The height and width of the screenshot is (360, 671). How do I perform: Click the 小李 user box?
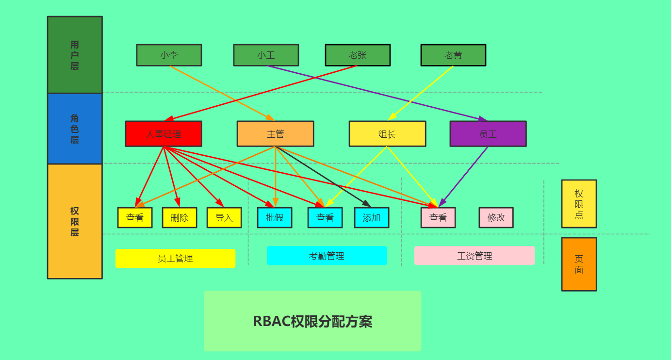pyautogui.click(x=169, y=55)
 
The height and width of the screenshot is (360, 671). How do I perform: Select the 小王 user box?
pyautogui.click(x=266, y=55)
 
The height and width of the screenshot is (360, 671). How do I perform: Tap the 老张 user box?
pyautogui.click(x=358, y=55)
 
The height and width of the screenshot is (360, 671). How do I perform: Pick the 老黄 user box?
pyautogui.click(x=453, y=55)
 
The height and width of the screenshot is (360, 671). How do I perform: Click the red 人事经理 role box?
pyautogui.click(x=164, y=134)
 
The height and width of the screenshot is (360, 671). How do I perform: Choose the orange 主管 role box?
pyautogui.click(x=275, y=134)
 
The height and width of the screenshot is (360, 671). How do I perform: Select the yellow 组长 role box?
pyautogui.click(x=387, y=134)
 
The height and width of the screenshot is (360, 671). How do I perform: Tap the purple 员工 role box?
pyautogui.click(x=488, y=134)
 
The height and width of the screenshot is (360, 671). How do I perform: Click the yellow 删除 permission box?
pyautogui.click(x=180, y=218)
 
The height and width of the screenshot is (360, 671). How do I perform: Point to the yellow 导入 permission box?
pyautogui.click(x=224, y=218)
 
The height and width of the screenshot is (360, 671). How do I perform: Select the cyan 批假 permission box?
pyautogui.click(x=275, y=218)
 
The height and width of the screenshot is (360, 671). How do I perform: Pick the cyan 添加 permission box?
pyautogui.click(x=372, y=218)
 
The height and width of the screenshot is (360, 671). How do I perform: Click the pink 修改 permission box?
pyautogui.click(x=496, y=218)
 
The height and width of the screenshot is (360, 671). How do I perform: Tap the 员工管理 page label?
pyautogui.click(x=175, y=259)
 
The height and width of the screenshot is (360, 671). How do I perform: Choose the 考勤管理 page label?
pyautogui.click(x=327, y=256)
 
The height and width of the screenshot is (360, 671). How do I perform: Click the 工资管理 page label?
pyautogui.click(x=474, y=256)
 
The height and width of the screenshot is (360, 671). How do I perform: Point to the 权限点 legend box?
pyautogui.click(x=579, y=204)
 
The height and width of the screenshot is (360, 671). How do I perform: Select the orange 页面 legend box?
pyautogui.click(x=579, y=264)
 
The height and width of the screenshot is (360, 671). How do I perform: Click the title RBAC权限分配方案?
pyautogui.click(x=312, y=321)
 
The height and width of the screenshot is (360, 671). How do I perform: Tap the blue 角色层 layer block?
pyautogui.click(x=75, y=129)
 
